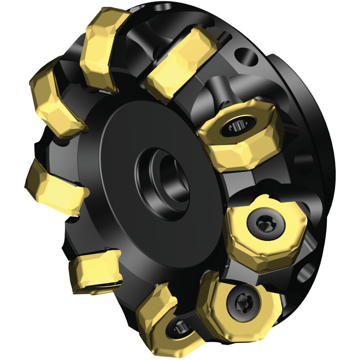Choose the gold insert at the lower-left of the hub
pos(95,270)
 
